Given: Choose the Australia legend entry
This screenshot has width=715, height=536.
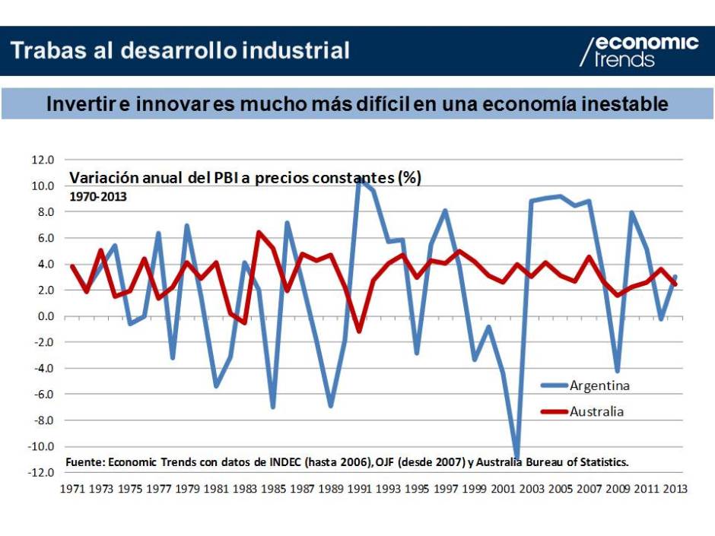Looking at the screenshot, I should coord(596,412).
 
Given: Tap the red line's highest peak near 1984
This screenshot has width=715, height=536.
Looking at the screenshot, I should coord(259,233).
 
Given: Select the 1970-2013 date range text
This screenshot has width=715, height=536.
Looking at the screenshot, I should coord(98,195).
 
